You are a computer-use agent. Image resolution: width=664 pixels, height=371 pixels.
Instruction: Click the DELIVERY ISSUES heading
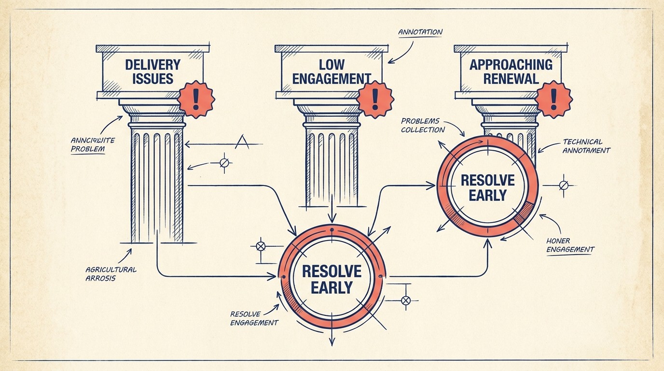point(152,71)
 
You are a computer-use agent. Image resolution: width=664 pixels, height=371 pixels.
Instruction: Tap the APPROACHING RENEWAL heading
point(511,71)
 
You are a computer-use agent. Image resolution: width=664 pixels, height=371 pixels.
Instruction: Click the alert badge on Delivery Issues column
point(195,100)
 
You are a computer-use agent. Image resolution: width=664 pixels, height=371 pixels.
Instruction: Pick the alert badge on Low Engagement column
point(375,100)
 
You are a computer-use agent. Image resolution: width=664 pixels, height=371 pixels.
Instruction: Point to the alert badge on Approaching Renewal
point(553,100)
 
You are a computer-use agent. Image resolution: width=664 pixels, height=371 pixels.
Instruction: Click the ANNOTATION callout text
point(420,32)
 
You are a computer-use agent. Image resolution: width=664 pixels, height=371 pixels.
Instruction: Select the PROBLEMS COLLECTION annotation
point(422,125)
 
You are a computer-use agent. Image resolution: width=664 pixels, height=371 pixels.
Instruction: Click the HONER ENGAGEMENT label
point(570,245)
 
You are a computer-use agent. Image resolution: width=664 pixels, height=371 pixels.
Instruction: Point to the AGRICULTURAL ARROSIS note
point(111,274)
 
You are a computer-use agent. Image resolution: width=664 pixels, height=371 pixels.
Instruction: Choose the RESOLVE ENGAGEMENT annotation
point(254,318)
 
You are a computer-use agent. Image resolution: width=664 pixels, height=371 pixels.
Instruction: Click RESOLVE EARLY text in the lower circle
point(332,279)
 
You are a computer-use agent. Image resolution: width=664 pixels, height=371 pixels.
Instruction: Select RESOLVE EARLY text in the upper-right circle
point(487,187)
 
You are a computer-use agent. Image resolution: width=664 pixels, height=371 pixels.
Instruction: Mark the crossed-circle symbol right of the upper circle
point(563,185)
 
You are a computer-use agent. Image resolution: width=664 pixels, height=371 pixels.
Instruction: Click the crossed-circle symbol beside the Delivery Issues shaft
point(224,162)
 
